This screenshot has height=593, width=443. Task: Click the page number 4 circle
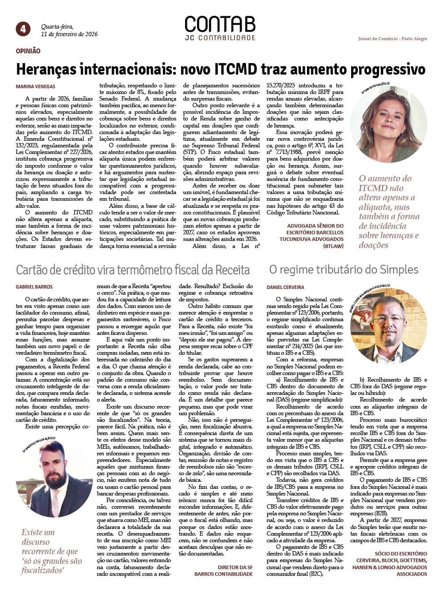(x=23, y=29)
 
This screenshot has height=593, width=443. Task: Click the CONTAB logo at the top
(x=220, y=25)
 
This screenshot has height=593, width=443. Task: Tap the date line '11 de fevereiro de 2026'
(x=69, y=34)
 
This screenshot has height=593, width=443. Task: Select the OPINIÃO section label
(x=28, y=51)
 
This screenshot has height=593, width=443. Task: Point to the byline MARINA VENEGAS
(x=36, y=87)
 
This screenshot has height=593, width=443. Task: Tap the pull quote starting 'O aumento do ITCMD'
(x=389, y=212)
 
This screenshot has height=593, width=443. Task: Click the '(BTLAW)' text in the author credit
(x=333, y=246)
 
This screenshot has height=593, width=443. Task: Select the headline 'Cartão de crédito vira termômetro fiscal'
(x=133, y=270)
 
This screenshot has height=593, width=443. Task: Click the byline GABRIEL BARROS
(x=34, y=287)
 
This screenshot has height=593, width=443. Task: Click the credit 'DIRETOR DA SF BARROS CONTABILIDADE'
(x=224, y=570)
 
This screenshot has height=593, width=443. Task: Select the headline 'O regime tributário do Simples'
(x=344, y=270)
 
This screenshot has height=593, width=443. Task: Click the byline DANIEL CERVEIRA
(x=285, y=287)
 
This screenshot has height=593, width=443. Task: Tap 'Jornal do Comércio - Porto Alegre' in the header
(x=392, y=39)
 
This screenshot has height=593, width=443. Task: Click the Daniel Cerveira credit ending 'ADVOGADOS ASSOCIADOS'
(x=390, y=564)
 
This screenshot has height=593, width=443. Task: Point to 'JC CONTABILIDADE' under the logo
(x=220, y=38)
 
